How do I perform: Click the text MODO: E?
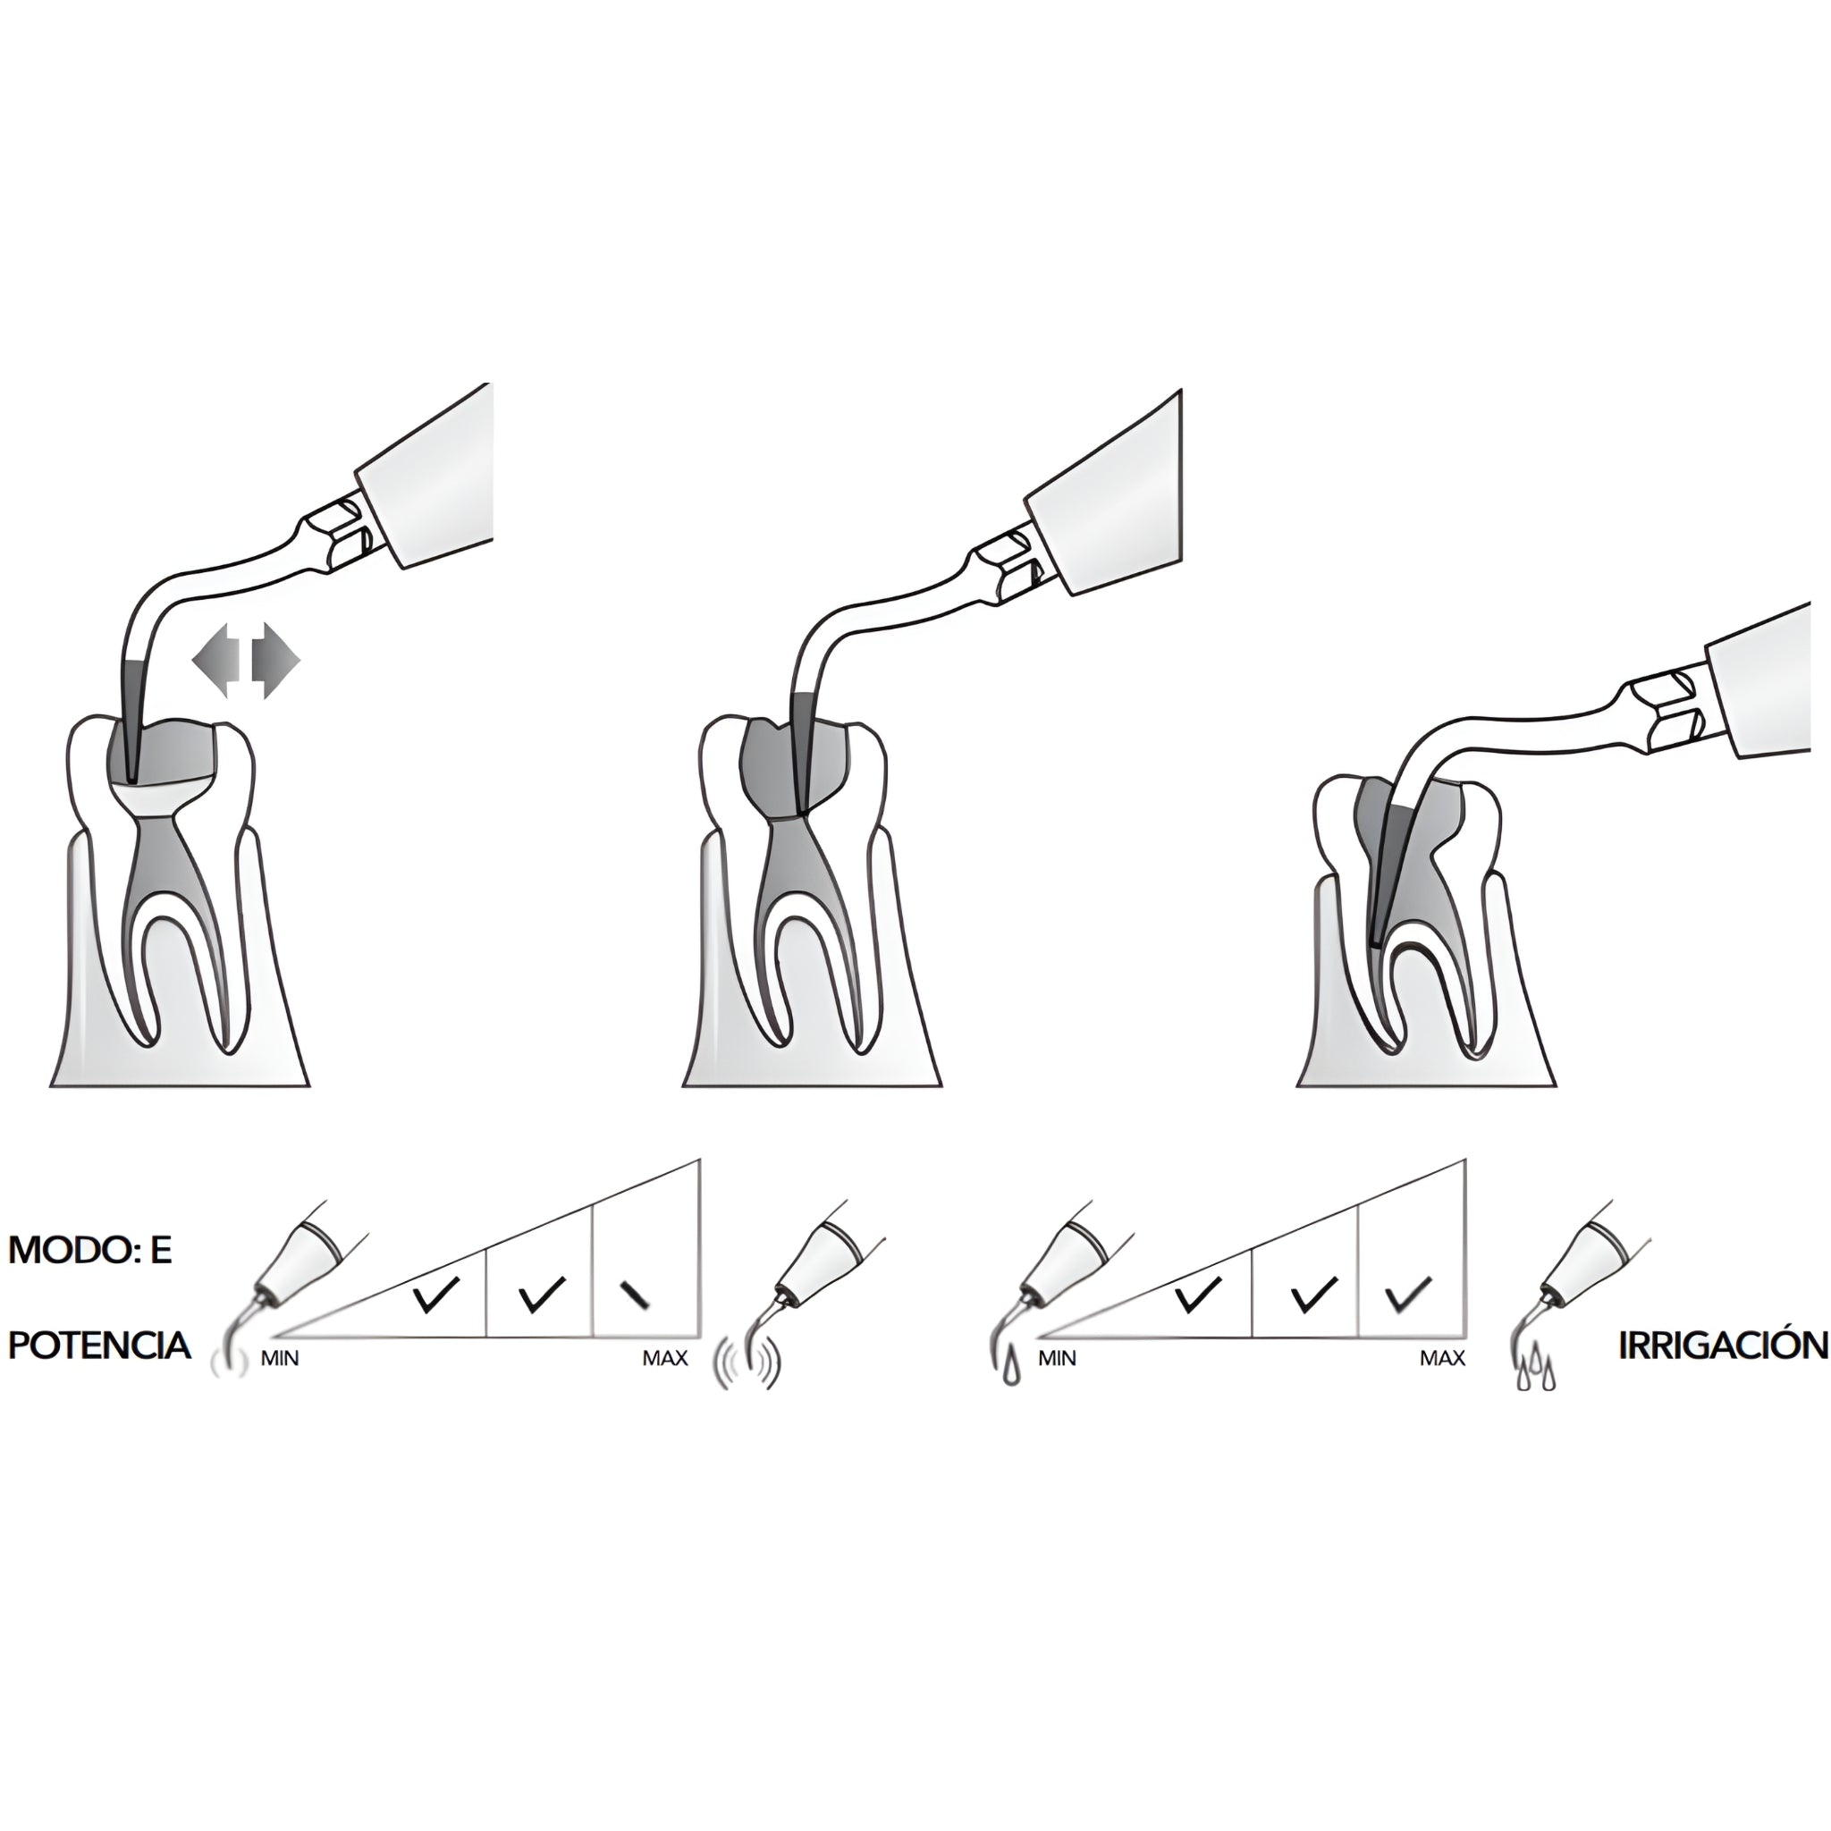point(90,1251)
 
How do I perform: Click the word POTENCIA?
point(99,1345)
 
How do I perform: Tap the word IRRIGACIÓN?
point(1723,1345)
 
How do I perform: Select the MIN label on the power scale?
point(280,1359)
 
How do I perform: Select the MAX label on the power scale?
point(665,1359)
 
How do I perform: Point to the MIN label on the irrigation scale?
point(1057,1359)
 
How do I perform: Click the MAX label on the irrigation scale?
point(1442,1359)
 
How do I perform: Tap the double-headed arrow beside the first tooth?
point(246,661)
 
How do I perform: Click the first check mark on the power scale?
point(436,1295)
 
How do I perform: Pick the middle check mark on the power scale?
point(542,1295)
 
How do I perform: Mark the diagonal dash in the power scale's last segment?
point(634,1295)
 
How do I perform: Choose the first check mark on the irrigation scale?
point(1197,1295)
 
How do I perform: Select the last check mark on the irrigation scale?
point(1408,1295)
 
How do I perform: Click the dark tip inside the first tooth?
point(132,721)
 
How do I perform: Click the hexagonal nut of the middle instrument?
point(1007,569)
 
